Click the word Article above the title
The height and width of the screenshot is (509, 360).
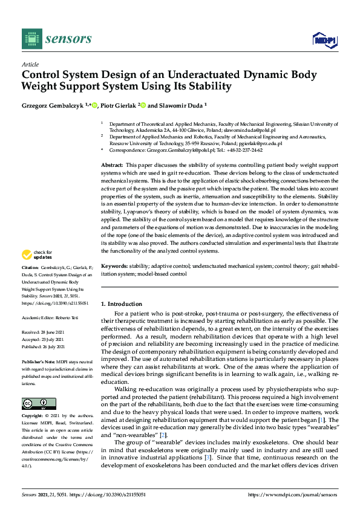click(x=30, y=64)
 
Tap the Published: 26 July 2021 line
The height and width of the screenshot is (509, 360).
click(x=43, y=347)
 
